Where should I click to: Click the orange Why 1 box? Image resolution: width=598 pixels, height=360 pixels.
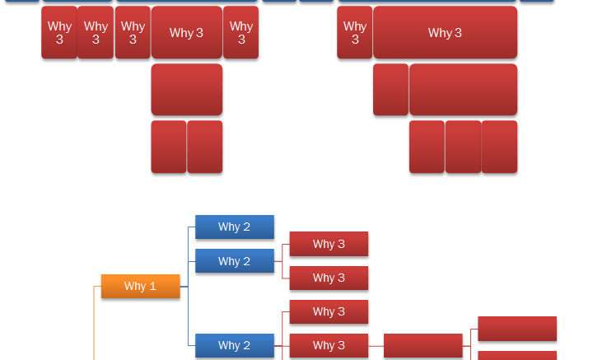coord(140,286)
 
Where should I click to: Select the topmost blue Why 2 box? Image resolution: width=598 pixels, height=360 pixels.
coord(235,227)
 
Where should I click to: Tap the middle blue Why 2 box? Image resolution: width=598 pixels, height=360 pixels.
coord(235,261)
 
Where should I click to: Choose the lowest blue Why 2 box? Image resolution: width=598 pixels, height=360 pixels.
coord(235,345)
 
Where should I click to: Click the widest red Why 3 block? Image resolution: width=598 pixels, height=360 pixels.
coord(445,32)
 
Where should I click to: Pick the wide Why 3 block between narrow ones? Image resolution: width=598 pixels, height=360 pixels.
coord(187,32)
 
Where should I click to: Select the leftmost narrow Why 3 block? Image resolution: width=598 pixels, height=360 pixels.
coord(59,32)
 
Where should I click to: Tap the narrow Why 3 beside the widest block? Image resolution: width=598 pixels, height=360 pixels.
coord(355,32)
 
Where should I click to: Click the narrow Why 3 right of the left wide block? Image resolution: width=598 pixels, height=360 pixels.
coord(241,32)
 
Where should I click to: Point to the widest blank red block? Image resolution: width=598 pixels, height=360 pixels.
coord(464,90)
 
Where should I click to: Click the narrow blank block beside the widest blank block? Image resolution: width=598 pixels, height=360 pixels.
coord(391,90)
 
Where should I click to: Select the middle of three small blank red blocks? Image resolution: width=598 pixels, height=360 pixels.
coord(464,147)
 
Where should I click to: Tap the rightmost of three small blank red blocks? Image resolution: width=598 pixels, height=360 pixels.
coord(500,147)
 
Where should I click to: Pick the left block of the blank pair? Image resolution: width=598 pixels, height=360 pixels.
coord(169,147)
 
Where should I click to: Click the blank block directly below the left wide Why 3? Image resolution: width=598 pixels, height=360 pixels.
coord(187,90)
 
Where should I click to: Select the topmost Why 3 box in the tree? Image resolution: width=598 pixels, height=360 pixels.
coord(329,244)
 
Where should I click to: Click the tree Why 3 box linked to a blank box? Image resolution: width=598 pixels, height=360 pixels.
coord(329,345)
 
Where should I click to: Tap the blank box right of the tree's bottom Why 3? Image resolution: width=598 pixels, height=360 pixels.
coord(423,345)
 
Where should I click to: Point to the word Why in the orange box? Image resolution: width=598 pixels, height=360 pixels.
coord(135,286)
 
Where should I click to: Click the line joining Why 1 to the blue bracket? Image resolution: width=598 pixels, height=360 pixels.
coord(185,287)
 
